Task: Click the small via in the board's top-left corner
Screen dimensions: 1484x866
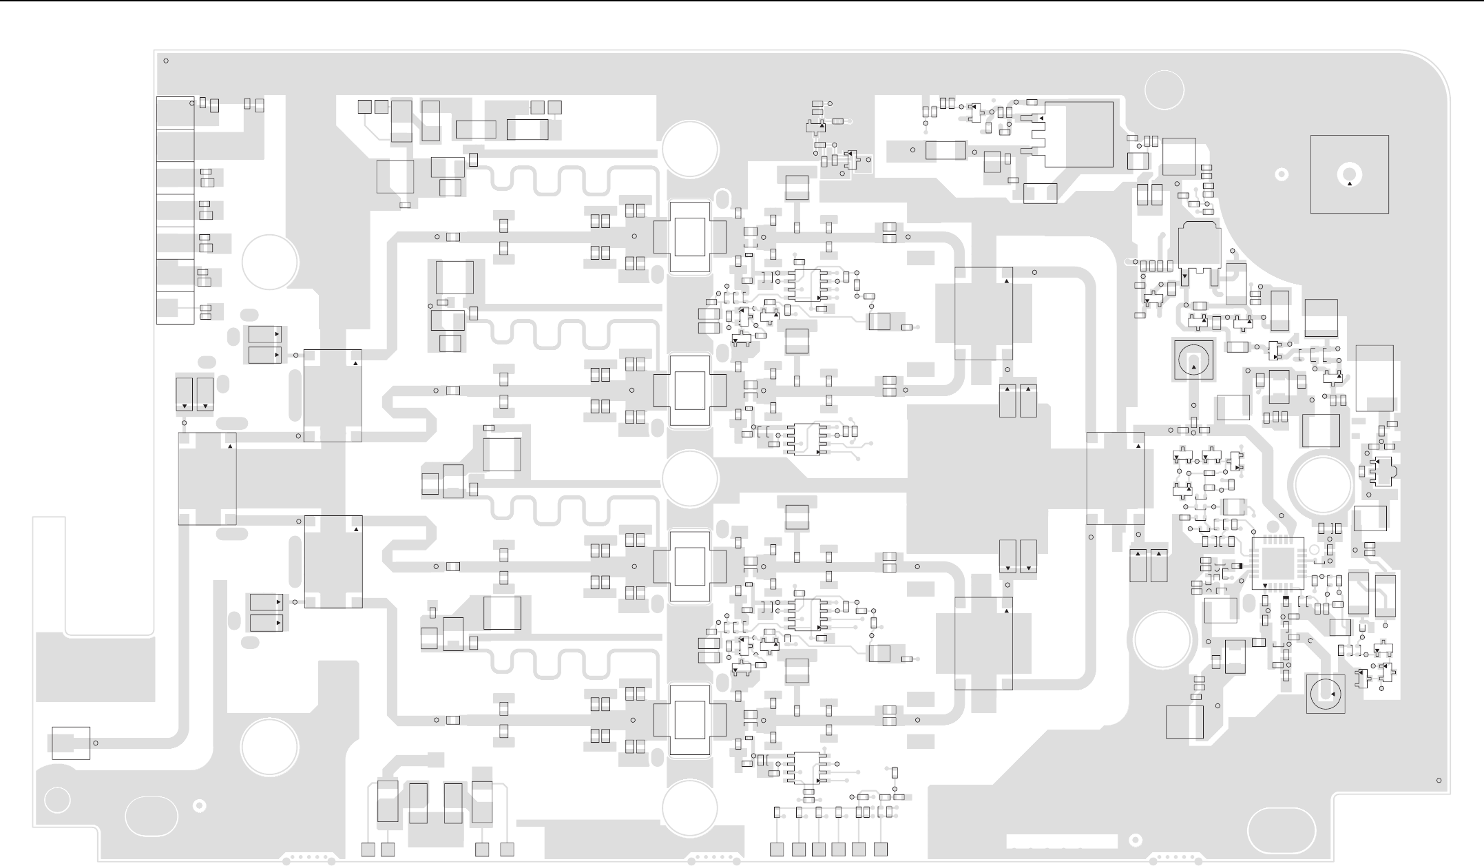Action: point(166,61)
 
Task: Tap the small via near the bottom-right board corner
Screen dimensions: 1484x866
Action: point(1439,781)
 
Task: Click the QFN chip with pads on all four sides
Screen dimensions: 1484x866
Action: point(1277,564)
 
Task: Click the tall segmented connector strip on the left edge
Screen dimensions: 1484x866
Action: point(175,210)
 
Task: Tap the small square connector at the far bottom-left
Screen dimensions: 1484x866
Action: point(71,743)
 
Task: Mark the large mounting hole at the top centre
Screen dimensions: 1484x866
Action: point(691,149)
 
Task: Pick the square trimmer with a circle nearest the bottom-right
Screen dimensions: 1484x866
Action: point(1325,694)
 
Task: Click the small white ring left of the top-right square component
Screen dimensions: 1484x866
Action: point(1282,174)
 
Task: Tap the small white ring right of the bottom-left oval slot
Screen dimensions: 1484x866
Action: point(199,805)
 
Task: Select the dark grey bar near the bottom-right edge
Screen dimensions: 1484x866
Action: point(1061,841)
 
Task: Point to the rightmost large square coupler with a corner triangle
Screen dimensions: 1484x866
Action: point(1116,478)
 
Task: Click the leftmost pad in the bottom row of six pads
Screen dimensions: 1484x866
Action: point(777,849)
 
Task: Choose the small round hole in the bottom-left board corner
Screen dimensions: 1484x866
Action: point(58,800)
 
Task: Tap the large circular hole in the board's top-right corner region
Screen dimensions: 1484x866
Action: point(1164,90)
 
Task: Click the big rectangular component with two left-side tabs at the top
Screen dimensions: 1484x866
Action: point(1078,134)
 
